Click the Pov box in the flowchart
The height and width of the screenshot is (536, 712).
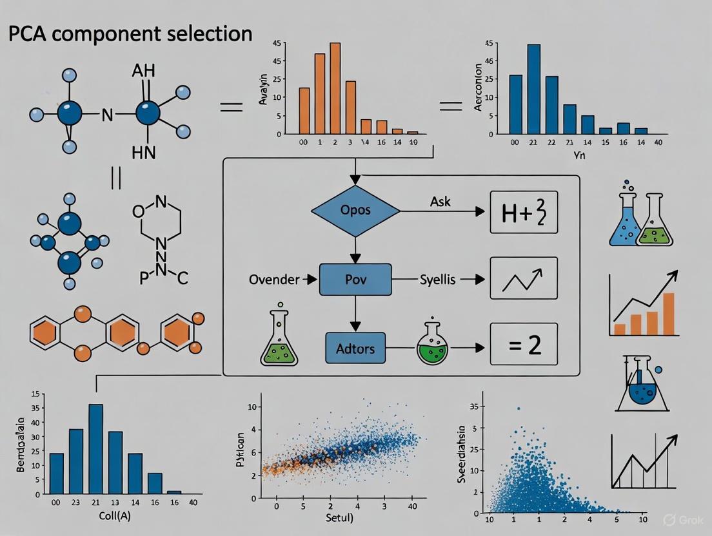click(355, 280)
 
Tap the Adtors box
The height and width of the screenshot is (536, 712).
click(355, 349)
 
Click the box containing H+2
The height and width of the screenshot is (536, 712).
click(523, 211)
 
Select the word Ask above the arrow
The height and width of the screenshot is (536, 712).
click(440, 202)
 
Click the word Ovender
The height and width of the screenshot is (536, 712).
click(274, 280)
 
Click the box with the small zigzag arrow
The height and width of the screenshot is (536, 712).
click(523, 278)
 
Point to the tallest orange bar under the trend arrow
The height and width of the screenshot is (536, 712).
click(668, 314)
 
